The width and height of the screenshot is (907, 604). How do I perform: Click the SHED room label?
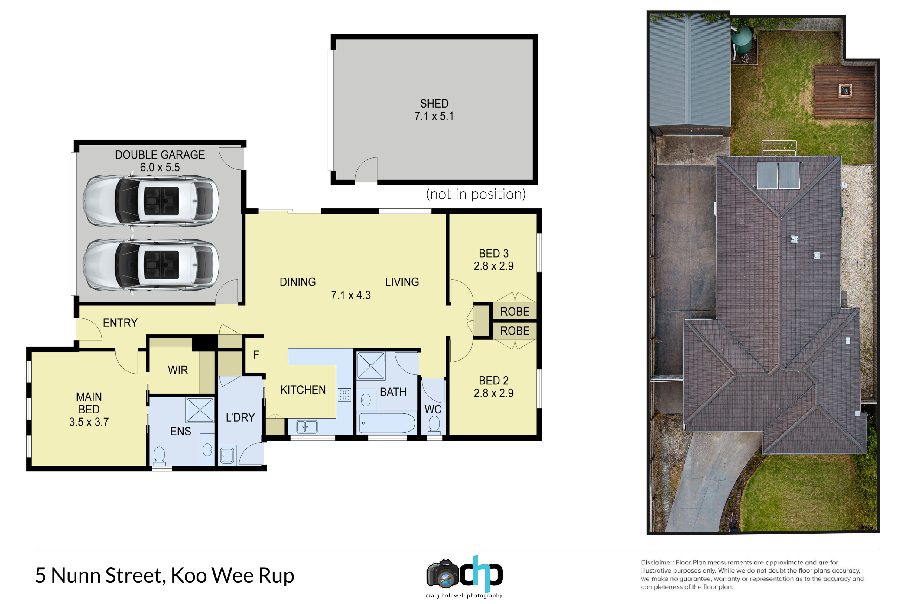coord(434,104)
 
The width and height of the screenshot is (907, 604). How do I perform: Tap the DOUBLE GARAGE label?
coord(160,155)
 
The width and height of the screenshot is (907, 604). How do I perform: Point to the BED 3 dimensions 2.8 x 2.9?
coord(494,266)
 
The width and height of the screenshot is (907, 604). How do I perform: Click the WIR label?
coord(178,370)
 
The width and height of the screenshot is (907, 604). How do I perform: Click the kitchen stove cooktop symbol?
coord(344,395)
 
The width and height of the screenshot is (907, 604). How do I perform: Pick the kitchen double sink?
coord(307,427)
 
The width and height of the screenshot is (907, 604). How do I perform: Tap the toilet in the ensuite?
coord(159,456)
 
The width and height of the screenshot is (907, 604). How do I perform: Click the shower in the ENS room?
coord(200,410)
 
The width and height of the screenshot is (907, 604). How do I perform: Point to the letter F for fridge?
coord(256,355)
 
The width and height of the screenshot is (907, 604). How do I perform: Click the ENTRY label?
coord(120,323)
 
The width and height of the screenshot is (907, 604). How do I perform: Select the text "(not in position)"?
coord(476,194)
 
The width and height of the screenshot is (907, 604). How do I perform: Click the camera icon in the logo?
coord(443,574)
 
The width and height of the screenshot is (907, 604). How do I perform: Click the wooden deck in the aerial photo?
coord(844,92)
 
